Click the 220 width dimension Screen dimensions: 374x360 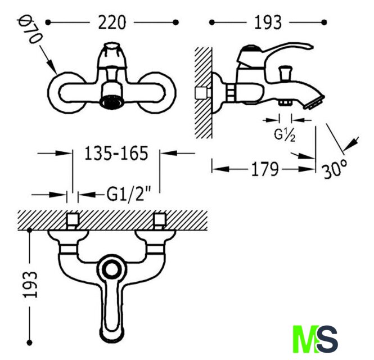112,22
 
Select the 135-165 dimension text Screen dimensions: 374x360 116,153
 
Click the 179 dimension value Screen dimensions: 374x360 265,169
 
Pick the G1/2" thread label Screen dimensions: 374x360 129,194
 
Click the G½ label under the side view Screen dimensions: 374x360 285,136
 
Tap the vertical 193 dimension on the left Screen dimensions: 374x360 30,285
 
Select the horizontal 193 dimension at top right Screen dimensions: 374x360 268,22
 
